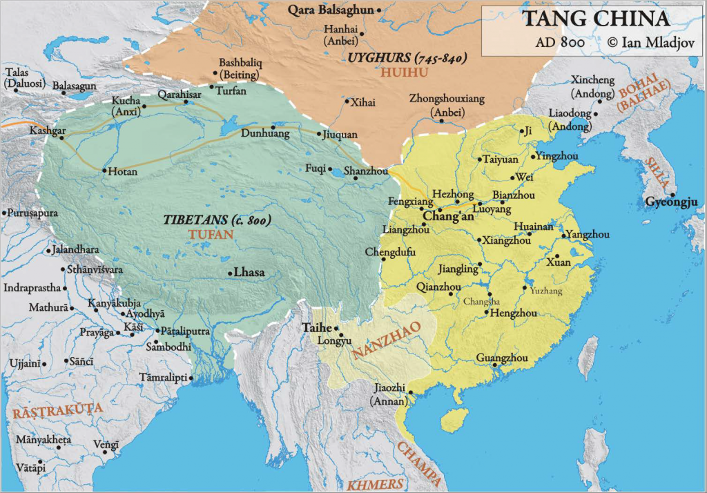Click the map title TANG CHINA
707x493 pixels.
(595, 19)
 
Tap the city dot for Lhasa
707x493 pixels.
(230, 273)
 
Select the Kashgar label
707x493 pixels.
(47, 130)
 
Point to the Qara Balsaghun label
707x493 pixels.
(331, 10)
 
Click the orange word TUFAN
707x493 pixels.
(211, 235)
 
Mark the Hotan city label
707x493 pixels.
(123, 172)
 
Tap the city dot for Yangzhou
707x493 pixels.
(564, 236)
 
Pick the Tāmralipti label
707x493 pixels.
(165, 378)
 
